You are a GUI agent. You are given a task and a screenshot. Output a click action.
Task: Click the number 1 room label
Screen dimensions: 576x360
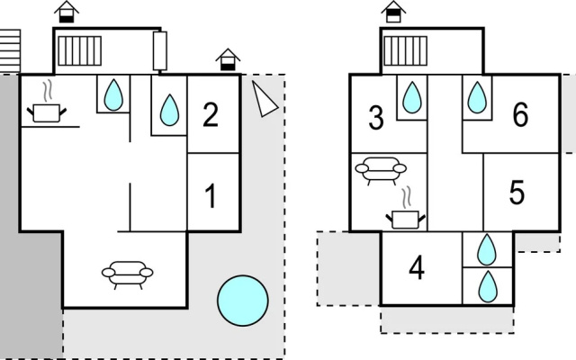pos(210,196)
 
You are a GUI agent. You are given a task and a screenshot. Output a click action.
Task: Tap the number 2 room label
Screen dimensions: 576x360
pos(211,114)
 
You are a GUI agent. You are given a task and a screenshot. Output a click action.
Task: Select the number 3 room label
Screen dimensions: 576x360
pos(376,118)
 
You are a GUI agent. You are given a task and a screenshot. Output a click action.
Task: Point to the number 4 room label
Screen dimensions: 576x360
pos(417,268)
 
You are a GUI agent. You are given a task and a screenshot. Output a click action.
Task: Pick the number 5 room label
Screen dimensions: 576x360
pos(517,192)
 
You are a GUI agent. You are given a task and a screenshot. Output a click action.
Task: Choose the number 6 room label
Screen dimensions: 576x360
pos(520,114)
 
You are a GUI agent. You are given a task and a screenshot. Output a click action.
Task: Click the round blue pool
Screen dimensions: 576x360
pos(243,301)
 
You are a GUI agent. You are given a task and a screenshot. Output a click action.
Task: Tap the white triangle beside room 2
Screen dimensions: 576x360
pos(265,99)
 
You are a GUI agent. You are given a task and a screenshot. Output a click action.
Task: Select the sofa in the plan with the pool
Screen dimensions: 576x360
pos(128,274)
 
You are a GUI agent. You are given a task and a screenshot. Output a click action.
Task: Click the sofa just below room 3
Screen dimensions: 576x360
pos(381,171)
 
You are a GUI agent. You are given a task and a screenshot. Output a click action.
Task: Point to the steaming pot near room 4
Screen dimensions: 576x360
pos(406,212)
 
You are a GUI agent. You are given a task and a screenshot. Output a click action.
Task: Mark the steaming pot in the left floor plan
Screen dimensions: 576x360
pos(47,106)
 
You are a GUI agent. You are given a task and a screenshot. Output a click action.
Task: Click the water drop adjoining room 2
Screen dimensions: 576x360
pos(170,110)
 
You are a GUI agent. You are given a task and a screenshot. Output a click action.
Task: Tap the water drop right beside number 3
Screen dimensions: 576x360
pos(412,97)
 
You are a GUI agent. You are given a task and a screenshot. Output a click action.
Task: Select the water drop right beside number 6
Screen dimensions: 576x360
pos(477,97)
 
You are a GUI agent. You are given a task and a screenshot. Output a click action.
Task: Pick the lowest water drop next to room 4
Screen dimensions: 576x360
pos(488,286)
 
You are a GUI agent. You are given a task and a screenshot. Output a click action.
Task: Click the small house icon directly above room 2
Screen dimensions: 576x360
pos(228,59)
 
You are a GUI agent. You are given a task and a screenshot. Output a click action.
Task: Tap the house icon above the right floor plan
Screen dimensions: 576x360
pos(393,12)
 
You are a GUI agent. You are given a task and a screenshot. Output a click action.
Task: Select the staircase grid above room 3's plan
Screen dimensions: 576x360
pos(406,50)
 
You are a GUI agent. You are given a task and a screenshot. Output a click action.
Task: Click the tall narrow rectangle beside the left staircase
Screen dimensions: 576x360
pos(160,50)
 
